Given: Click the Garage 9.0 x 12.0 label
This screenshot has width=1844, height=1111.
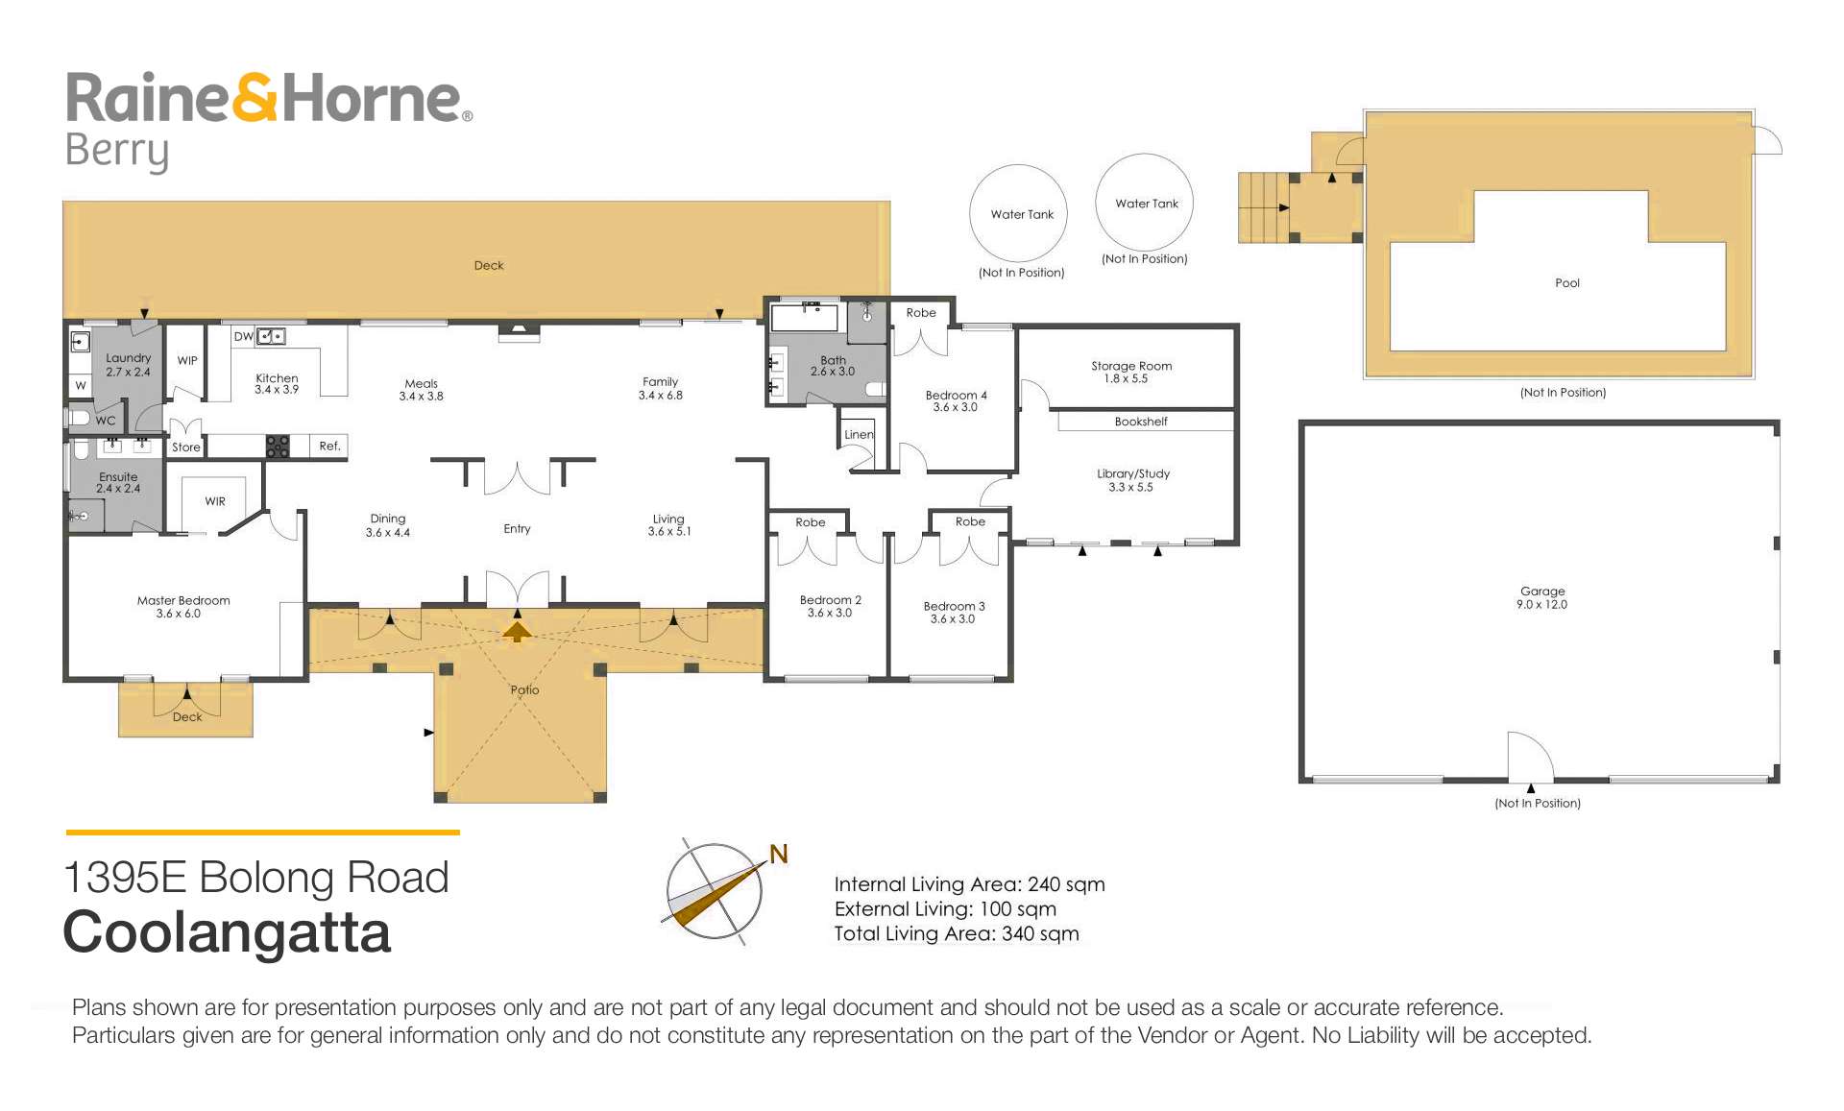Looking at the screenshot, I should pos(1541,597).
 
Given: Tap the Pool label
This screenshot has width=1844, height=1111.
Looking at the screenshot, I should pos(1566,282).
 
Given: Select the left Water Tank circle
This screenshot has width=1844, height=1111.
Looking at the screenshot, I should pos(1019,213).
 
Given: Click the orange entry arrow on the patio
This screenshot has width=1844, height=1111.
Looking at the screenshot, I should pos(517,631).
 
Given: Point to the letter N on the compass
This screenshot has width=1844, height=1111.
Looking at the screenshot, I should pos(778,854).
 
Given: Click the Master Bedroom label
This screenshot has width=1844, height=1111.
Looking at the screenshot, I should pos(182,606).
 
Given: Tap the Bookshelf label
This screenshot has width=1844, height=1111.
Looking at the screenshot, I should pos(1140,422).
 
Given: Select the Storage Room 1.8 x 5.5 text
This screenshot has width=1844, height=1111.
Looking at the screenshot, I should pos(1130,372).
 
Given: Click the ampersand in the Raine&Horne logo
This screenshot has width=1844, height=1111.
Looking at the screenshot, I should pos(255,98).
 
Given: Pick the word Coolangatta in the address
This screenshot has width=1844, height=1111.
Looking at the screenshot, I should pos(227,932).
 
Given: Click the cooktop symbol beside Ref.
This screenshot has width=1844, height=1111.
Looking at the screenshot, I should pos(278,446).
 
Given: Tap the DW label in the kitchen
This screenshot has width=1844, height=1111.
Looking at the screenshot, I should pos(243,336).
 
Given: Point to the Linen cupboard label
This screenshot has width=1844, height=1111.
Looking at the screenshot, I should pos(859,434).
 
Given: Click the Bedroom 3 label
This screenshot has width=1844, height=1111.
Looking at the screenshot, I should pos(954,612).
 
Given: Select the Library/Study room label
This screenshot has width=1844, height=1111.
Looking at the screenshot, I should pos(1132,479).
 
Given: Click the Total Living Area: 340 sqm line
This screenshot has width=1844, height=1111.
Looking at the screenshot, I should pos(956,933).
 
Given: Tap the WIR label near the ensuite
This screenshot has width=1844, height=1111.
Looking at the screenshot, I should pos(215,501).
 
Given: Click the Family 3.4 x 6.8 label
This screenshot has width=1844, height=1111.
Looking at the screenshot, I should pos(660,388).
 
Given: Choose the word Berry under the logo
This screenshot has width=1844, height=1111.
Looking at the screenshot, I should pos(117,152).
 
